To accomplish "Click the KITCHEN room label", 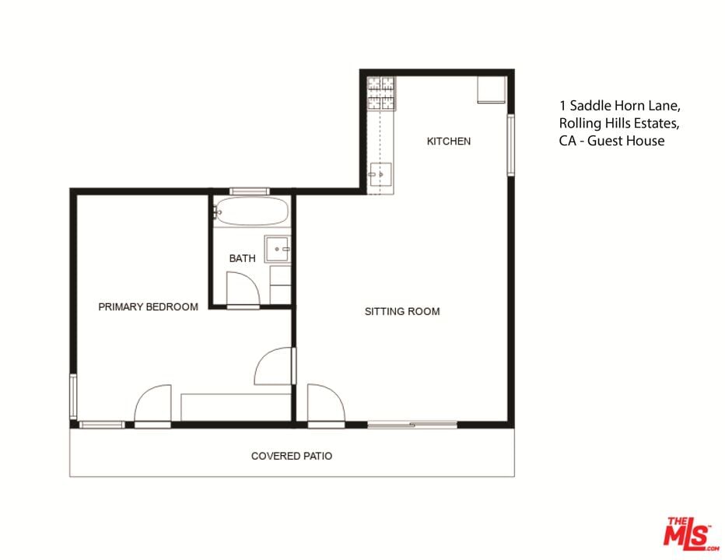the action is click(x=449, y=141).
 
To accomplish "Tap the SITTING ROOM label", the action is click(x=402, y=311).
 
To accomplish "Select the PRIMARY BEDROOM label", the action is click(x=148, y=306).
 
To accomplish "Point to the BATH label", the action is click(x=242, y=258).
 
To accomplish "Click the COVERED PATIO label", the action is click(x=292, y=456).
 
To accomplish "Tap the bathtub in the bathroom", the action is click(x=251, y=212).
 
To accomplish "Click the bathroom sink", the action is click(x=278, y=249).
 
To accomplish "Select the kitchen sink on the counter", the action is click(x=380, y=174).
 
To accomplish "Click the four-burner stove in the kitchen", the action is click(x=381, y=94).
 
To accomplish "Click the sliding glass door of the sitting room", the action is click(x=412, y=425).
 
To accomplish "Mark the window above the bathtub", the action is click(x=250, y=191).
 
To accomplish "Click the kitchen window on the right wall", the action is click(x=511, y=145).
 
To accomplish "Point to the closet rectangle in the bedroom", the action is click(x=236, y=408).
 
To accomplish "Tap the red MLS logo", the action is click(x=691, y=534).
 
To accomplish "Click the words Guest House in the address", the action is click(x=625, y=141).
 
